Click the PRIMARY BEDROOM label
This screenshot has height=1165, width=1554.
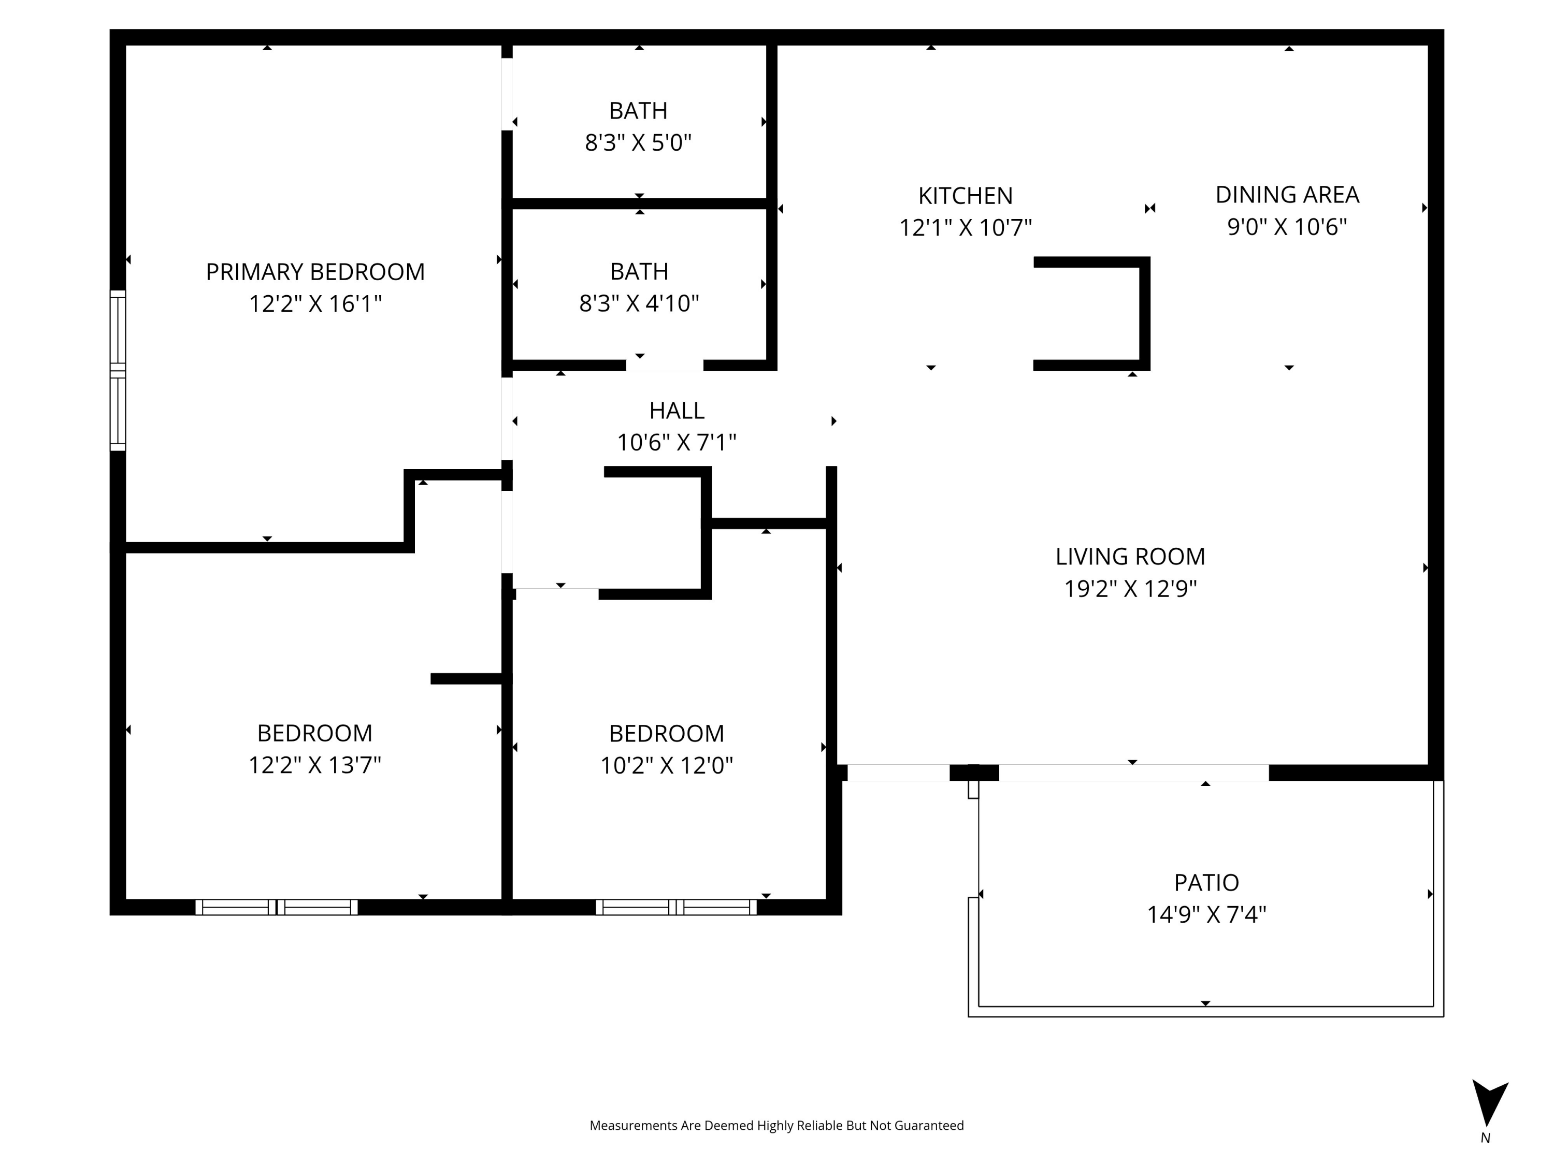click(315, 272)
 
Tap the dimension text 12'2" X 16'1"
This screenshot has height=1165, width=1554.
click(315, 304)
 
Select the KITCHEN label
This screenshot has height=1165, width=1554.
click(965, 196)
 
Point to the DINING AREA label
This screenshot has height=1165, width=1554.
click(1287, 195)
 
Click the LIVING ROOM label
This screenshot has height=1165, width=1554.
click(1130, 557)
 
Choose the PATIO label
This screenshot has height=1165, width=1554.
click(1207, 883)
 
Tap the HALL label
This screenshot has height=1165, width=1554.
click(677, 410)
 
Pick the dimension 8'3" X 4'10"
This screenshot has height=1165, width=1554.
click(639, 303)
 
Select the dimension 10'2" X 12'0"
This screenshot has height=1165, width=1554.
click(667, 765)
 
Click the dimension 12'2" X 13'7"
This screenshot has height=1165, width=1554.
click(315, 765)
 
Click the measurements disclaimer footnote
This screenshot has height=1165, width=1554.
click(776, 1126)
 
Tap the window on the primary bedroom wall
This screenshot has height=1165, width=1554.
click(118, 370)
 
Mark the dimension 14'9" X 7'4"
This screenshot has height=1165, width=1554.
click(1207, 915)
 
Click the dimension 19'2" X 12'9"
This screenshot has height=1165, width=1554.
click(1130, 589)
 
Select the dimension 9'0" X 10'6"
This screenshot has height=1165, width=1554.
click(1287, 227)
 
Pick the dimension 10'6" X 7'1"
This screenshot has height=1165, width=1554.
click(677, 442)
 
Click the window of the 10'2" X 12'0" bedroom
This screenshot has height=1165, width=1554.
click(676, 907)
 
